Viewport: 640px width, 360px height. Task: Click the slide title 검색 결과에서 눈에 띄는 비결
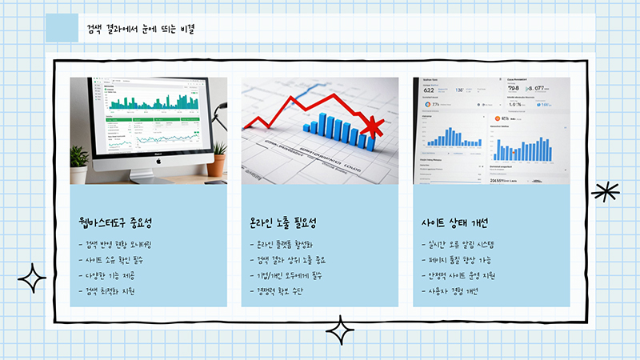(142, 29)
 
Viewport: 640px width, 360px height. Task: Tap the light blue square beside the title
(62, 27)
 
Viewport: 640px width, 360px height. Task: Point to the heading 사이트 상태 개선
(454, 222)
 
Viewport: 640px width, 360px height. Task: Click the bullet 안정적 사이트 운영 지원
(463, 276)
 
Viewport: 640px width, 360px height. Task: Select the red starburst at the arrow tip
(373, 126)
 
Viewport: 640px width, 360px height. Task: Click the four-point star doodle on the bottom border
(340, 330)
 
